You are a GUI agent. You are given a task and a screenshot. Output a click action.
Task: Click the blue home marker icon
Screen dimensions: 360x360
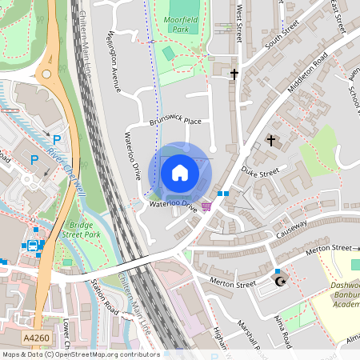[180, 172]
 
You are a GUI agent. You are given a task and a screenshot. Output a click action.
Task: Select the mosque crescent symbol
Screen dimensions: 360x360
[280, 282]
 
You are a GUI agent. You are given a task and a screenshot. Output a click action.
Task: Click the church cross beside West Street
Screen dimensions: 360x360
[235, 74]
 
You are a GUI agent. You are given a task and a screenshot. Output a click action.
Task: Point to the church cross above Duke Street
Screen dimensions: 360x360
[270, 141]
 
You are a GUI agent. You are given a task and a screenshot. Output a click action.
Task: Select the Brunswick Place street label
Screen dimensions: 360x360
[175, 122]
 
